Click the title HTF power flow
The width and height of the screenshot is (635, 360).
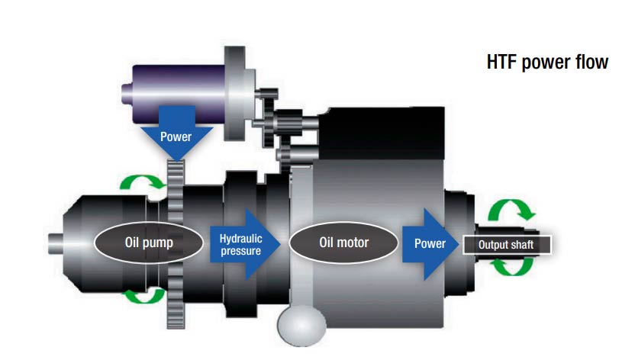[x=547, y=63]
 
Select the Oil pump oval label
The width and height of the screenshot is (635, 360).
[x=149, y=243]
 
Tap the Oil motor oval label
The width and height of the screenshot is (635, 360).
[x=343, y=243]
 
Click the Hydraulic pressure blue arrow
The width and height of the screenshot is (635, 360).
[x=245, y=244]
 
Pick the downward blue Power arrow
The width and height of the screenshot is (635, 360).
[x=176, y=133]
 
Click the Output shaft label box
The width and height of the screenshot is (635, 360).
[x=507, y=245]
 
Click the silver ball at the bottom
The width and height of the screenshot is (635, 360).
[x=301, y=325]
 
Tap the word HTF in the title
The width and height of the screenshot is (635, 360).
[x=501, y=62]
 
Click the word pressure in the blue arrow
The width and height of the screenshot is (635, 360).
[x=240, y=251]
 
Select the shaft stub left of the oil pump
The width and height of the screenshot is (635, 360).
[x=56, y=244]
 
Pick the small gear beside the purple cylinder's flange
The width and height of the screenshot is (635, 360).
[x=268, y=117]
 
